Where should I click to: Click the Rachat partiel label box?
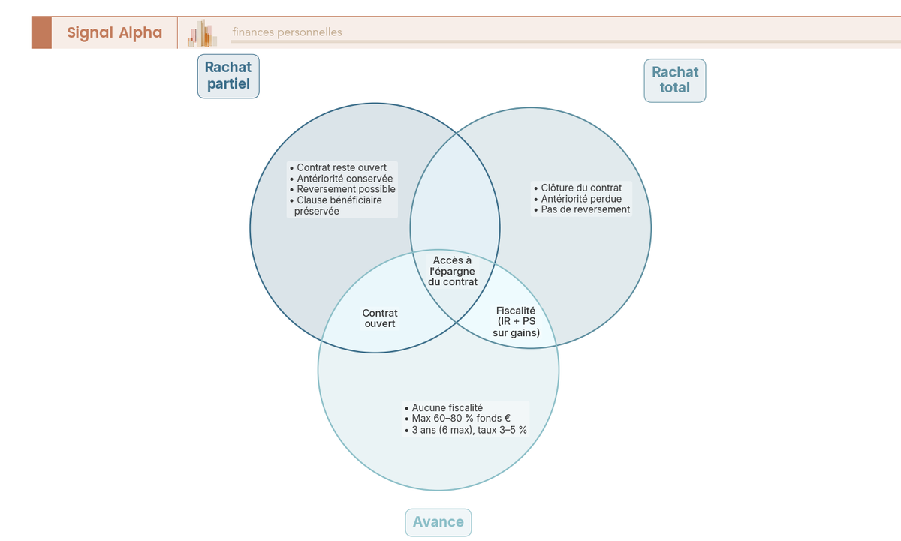228,75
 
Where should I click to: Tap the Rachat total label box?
675,80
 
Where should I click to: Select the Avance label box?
438,522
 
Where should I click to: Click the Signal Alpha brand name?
114,32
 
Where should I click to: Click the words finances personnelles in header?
287,32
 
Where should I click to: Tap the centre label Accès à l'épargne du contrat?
452,271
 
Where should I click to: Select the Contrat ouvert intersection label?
380,318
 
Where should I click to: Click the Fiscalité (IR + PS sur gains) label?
516,321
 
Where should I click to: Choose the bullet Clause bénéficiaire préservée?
339,206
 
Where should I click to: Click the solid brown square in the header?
41,32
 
